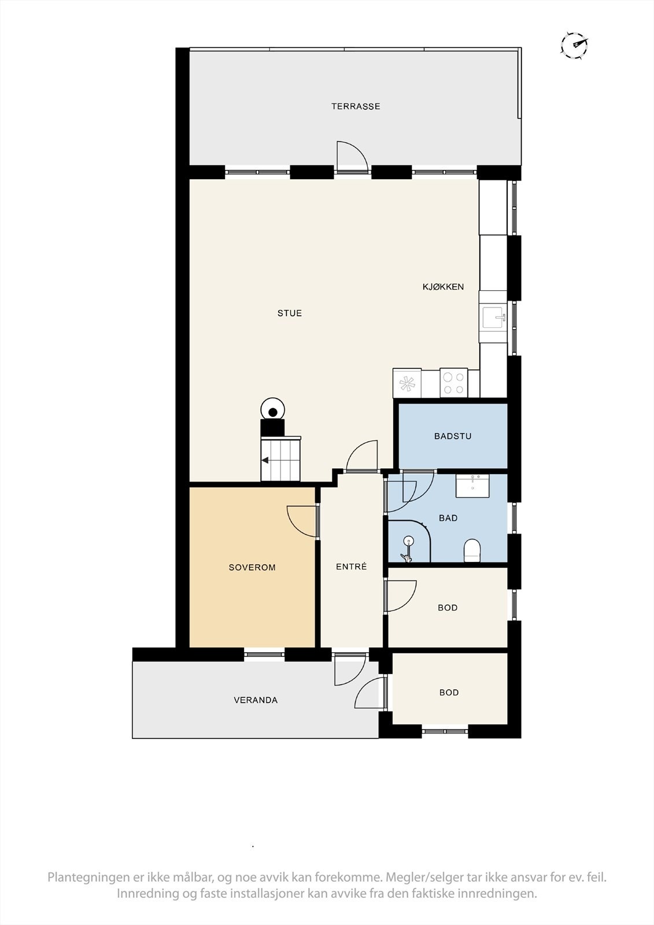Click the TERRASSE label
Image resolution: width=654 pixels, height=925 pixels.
coord(356,106)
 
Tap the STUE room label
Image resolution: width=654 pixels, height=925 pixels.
coord(290,313)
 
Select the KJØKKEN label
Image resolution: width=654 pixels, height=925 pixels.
coord(443,287)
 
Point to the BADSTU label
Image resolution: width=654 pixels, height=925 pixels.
coord(453,436)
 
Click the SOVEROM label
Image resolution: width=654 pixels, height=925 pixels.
coord(252,567)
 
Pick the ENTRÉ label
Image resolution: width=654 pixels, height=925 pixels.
coord(351,567)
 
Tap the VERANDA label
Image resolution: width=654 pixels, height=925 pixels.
coord(256,700)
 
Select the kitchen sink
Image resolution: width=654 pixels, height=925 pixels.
coord(493,317)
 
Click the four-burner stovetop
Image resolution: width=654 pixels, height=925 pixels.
coord(453,382)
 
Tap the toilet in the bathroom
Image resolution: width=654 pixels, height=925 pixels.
coord(472,551)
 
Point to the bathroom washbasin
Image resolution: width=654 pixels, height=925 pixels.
coord(472,486)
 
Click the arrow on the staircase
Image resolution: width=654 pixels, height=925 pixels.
coord(265,460)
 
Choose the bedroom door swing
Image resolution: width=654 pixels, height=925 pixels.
coord(302,521)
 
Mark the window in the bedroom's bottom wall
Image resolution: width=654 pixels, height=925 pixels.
coord(264,654)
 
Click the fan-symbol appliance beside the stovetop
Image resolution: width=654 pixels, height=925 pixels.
coord(407,383)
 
